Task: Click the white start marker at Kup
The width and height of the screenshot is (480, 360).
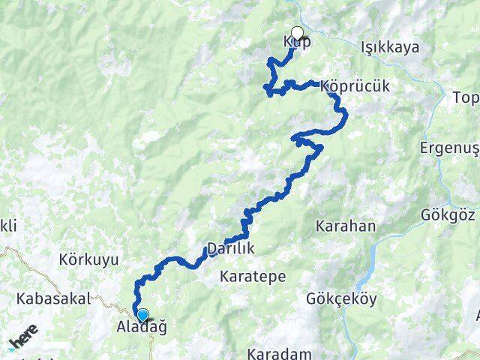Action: coord(297,33)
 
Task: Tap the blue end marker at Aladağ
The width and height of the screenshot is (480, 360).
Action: coord(142,315)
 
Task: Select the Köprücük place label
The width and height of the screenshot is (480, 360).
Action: coord(355,86)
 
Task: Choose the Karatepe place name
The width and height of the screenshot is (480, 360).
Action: coord(253,277)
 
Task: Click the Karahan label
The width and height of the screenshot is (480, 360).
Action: coord(346,226)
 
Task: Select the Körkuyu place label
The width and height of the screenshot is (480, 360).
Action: coord(88,260)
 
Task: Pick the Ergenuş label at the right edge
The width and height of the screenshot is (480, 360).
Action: coord(450,146)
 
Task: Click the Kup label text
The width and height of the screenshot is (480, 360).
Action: coord(297,42)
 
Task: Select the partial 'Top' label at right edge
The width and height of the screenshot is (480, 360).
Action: coord(466,98)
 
